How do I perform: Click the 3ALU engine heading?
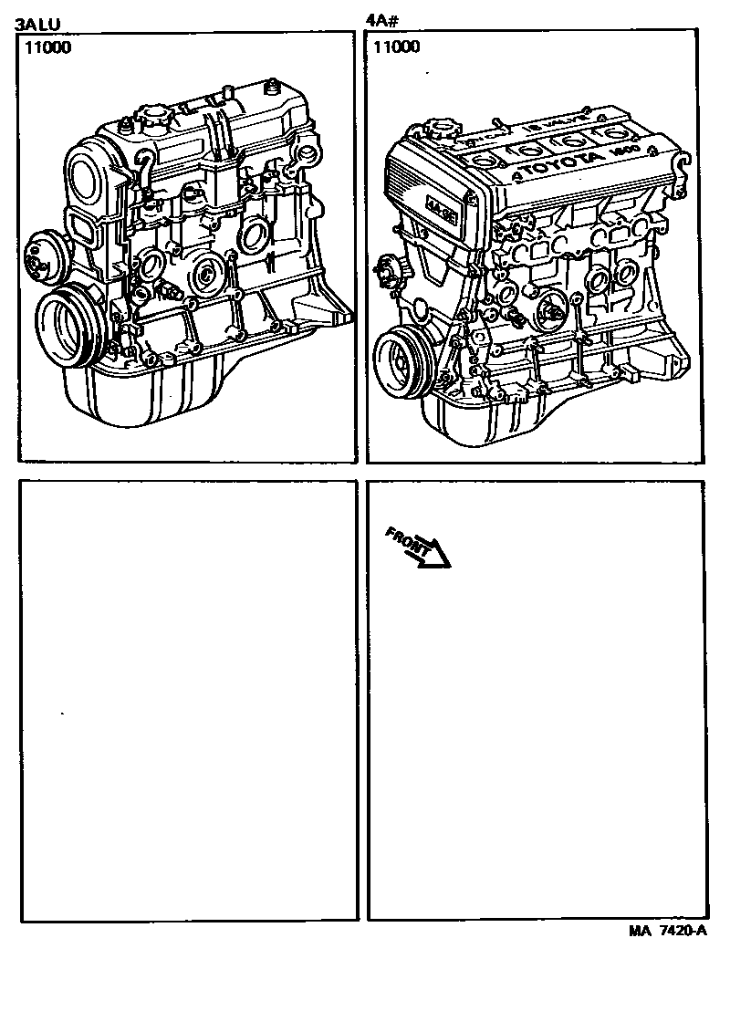tap(37, 24)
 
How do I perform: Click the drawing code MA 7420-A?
tap(668, 931)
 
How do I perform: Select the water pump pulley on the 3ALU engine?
tap(40, 253)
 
